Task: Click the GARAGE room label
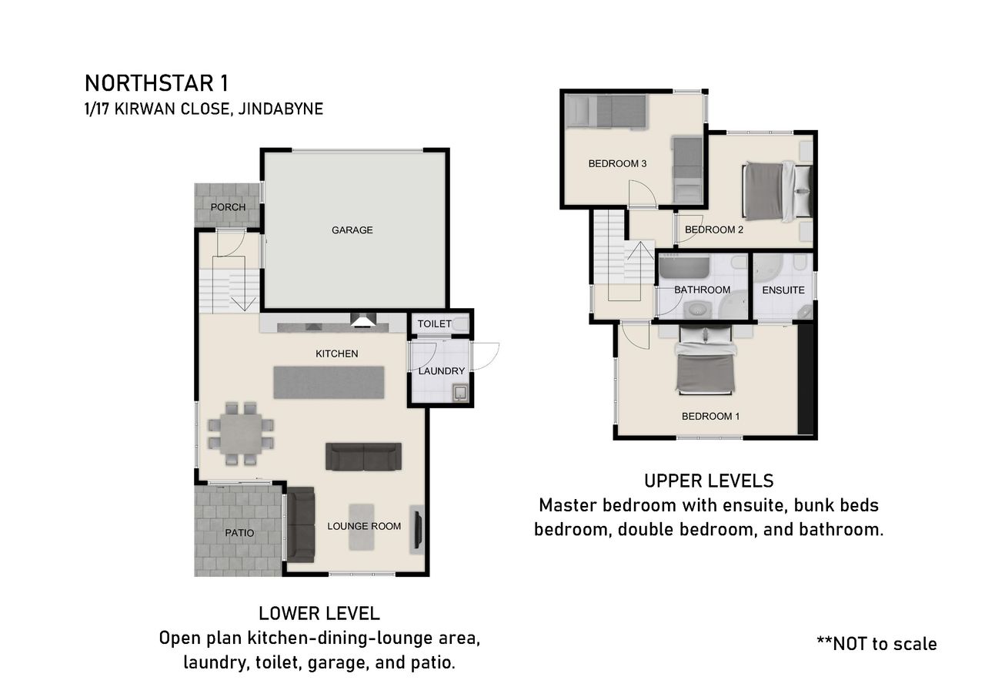352,230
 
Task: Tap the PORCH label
228,207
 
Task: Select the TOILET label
434,324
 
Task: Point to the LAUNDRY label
441,371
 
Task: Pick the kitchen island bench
329,382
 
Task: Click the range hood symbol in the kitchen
363,320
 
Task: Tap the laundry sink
460,393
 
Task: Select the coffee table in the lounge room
362,527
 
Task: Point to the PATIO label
239,533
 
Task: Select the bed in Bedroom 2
777,192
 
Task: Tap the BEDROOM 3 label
617,164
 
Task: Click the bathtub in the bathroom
684,267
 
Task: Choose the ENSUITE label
783,290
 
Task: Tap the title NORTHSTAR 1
156,84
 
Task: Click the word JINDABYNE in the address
281,109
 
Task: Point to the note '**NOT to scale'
876,644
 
